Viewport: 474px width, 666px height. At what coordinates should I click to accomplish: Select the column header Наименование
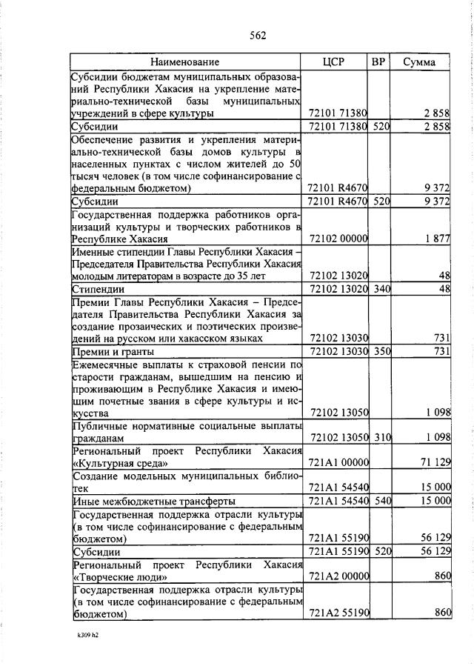point(185,62)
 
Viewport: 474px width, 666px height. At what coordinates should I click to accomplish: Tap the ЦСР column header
point(338,62)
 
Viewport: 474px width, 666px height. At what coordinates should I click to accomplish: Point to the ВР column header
point(378,62)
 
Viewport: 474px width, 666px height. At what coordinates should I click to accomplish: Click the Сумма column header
point(419,62)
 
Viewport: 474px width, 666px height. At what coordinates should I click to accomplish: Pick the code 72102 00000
point(338,239)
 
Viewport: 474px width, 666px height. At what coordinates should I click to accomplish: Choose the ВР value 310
point(381,438)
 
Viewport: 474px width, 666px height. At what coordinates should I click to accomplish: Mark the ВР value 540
point(381,501)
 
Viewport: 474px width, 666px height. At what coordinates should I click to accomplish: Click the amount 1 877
point(437,239)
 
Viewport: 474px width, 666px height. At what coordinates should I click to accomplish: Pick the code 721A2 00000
point(338,576)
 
